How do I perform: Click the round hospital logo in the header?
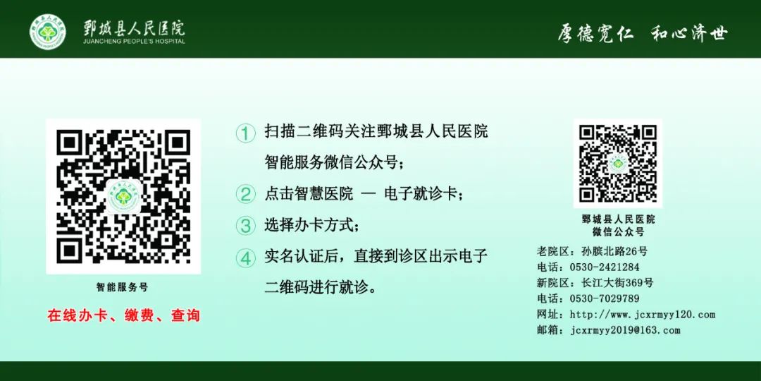(x=47, y=32)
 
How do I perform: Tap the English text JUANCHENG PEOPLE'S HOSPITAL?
(x=134, y=42)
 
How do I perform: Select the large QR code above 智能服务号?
(x=123, y=196)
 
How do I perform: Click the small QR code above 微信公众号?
(x=618, y=164)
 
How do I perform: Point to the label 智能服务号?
(x=123, y=287)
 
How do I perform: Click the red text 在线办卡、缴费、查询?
(x=123, y=315)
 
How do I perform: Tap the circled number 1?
(x=245, y=133)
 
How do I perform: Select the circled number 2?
(x=245, y=194)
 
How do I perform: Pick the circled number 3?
(x=245, y=226)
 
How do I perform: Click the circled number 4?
(x=245, y=258)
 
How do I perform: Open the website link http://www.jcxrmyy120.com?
(x=642, y=315)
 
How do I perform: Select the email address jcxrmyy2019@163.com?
(x=625, y=330)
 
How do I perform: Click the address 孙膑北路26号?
(x=614, y=251)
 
